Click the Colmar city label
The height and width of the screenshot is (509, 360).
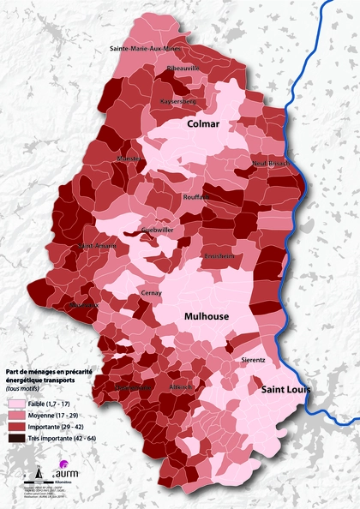pos(204,125)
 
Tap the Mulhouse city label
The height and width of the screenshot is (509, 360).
pos(207,316)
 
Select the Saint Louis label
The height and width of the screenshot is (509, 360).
pos(282,391)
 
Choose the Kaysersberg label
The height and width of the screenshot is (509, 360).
pos(179,100)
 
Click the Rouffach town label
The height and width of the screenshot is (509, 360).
pos(196,196)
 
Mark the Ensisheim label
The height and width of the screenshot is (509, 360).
pos(220,256)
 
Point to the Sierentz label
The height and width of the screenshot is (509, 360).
pos(253,360)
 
